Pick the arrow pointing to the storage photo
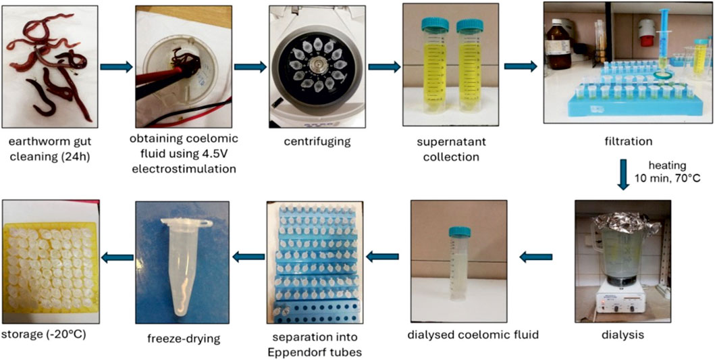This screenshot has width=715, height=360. point(117,257)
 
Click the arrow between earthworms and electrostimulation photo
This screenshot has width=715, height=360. point(115,67)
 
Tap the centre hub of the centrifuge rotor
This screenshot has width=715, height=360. point(317,66)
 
